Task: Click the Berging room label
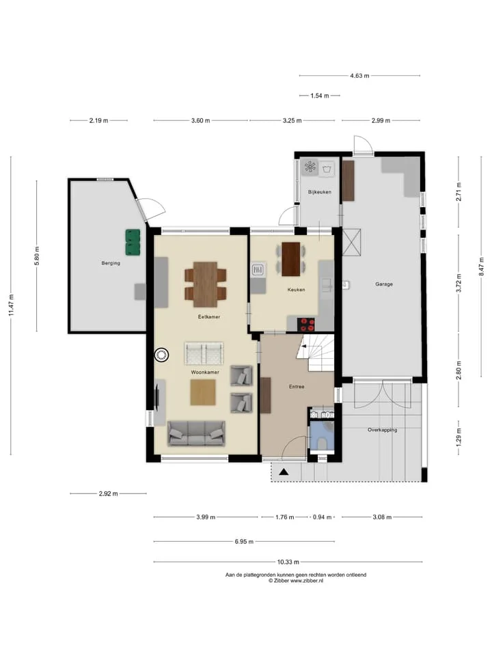click(x=111, y=263)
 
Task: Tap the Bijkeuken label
click(x=320, y=192)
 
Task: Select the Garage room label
click(x=383, y=284)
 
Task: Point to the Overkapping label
click(x=383, y=430)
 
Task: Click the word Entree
click(x=297, y=387)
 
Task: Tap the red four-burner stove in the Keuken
click(x=307, y=325)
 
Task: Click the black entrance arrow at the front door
click(x=284, y=472)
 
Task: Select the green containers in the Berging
click(x=133, y=242)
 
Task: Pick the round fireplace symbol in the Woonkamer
click(x=161, y=355)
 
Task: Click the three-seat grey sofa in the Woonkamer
click(x=196, y=433)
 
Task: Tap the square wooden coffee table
click(x=203, y=392)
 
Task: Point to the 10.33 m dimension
click(x=288, y=562)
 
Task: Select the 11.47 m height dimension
click(x=11, y=305)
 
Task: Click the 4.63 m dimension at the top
click(x=360, y=76)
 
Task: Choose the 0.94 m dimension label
click(x=322, y=517)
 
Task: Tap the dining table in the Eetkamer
click(x=206, y=284)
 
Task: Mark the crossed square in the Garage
click(x=351, y=242)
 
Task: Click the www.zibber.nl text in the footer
click(x=307, y=581)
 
